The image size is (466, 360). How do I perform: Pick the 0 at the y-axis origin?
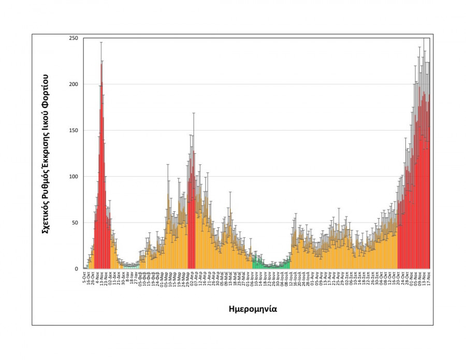pos(76,269)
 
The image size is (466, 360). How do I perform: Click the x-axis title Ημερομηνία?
pos(253,309)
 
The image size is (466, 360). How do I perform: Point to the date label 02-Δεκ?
pos(111,278)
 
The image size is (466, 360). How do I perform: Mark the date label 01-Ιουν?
pos(249,278)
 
